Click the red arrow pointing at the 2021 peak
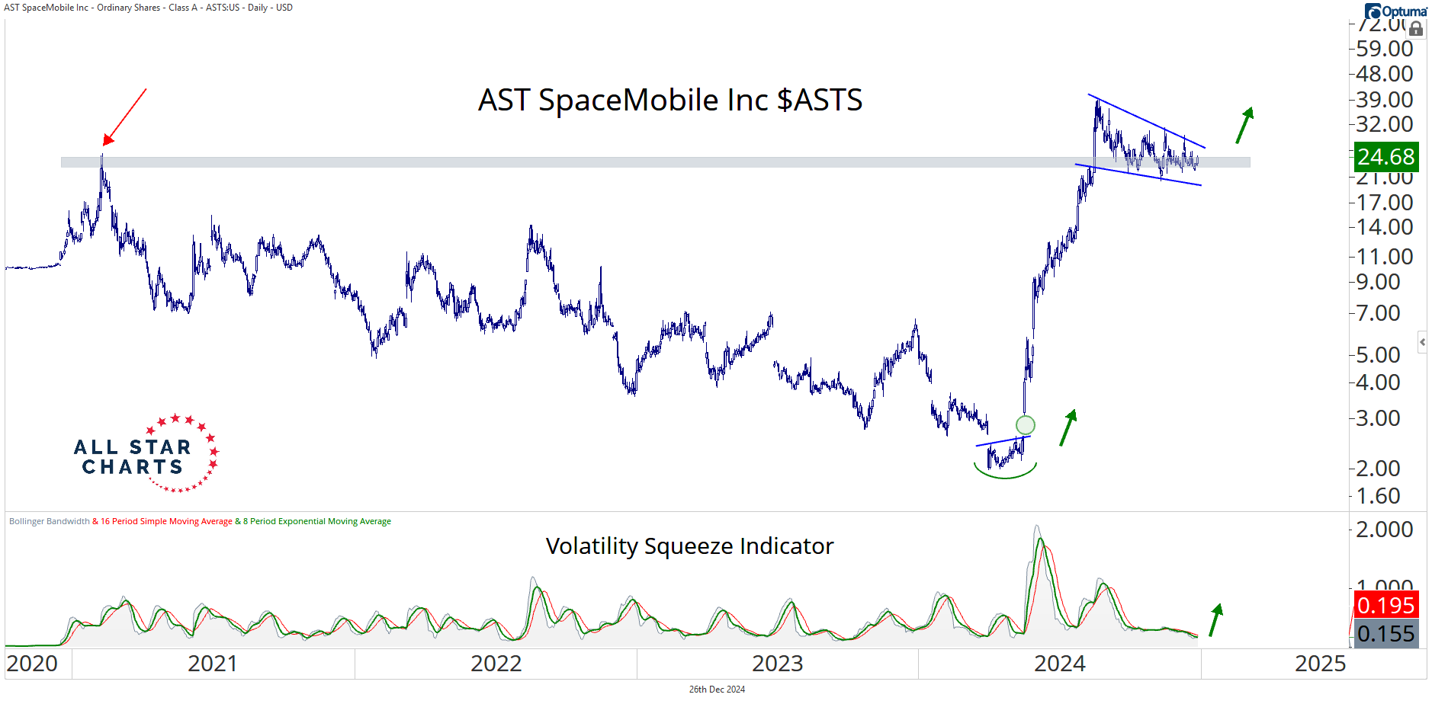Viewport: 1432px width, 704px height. pyautogui.click(x=124, y=116)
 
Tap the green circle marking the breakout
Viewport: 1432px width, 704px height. pyautogui.click(x=1026, y=424)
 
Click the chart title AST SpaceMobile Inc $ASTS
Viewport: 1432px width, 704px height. pyautogui.click(x=670, y=101)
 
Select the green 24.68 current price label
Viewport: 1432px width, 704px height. pyautogui.click(x=1385, y=157)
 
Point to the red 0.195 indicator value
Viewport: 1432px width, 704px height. pyautogui.click(x=1385, y=606)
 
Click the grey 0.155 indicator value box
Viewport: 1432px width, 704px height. pyautogui.click(x=1385, y=634)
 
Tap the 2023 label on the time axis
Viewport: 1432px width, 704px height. pyautogui.click(x=777, y=664)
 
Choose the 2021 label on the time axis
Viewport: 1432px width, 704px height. pyautogui.click(x=212, y=664)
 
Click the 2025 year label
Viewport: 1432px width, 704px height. pyautogui.click(x=1320, y=664)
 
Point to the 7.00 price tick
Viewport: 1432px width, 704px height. pyautogui.click(x=1378, y=313)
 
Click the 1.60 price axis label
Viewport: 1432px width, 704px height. pyautogui.click(x=1378, y=496)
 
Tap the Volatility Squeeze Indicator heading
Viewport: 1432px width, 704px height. pyautogui.click(x=689, y=546)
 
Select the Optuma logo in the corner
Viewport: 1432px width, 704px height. pyautogui.click(x=1396, y=11)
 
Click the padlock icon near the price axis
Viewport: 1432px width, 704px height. pyautogui.click(x=1416, y=29)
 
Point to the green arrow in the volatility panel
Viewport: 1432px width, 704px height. pyautogui.click(x=1215, y=619)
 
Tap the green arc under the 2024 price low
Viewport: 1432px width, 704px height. pyautogui.click(x=1005, y=472)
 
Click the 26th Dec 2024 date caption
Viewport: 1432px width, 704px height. pyautogui.click(x=717, y=690)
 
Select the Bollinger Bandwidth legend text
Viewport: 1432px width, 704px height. pyautogui.click(x=50, y=522)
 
